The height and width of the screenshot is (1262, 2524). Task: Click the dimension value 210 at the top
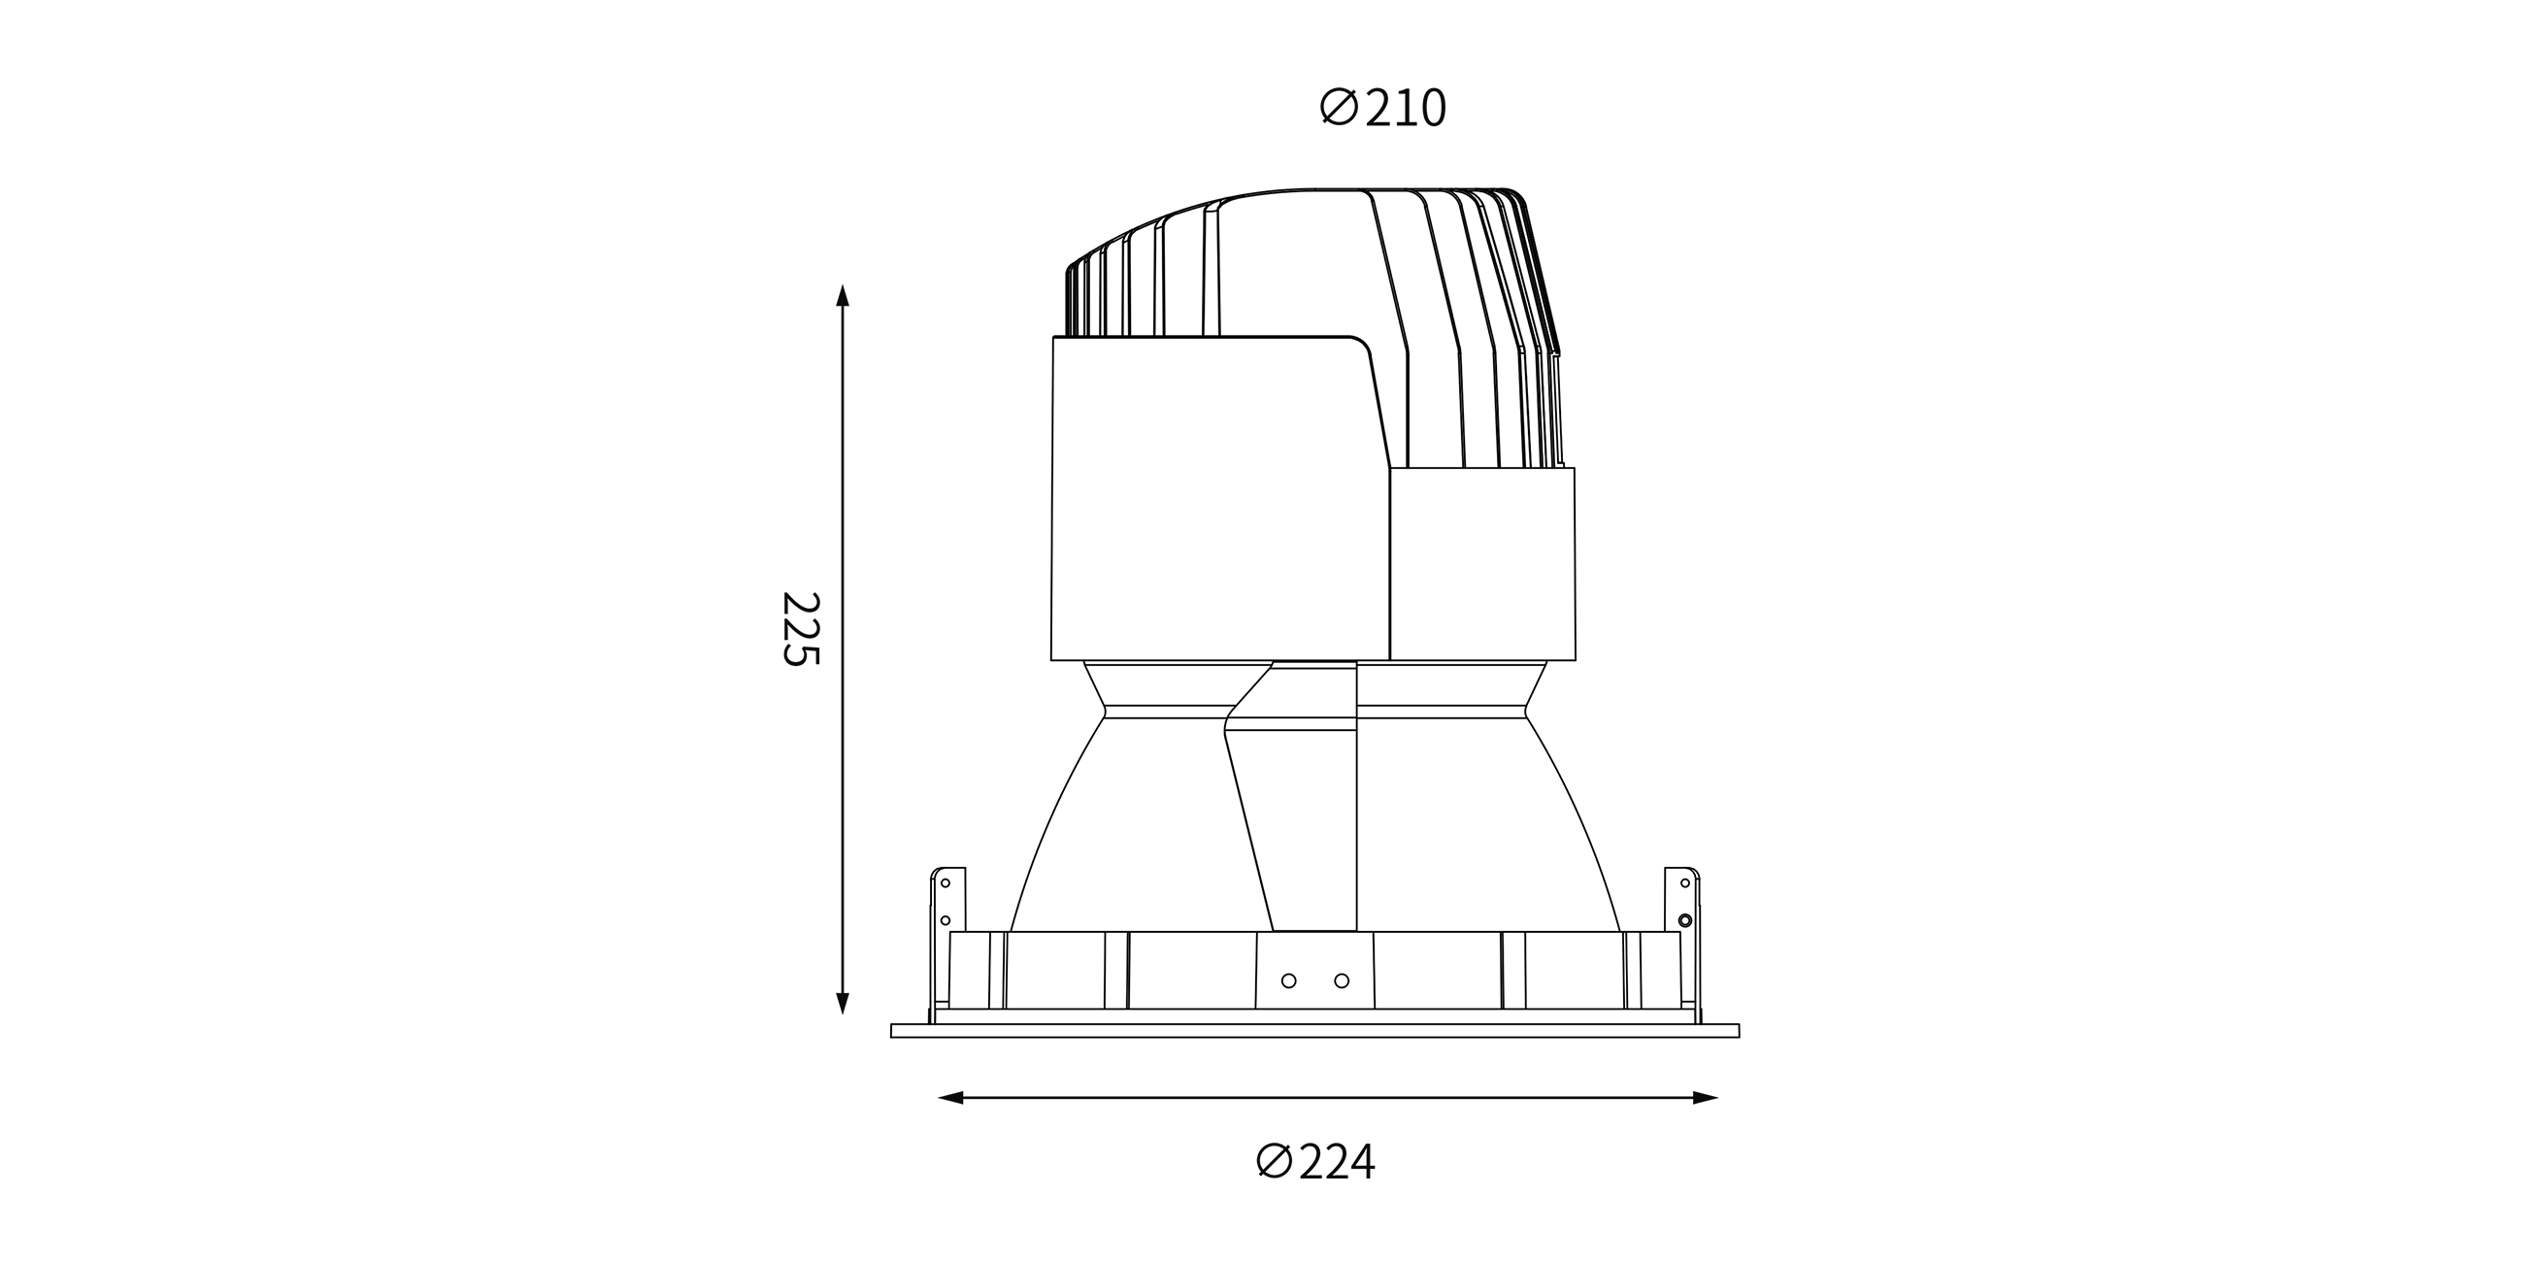pos(1406,109)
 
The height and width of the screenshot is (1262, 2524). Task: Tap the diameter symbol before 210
pos(1339,107)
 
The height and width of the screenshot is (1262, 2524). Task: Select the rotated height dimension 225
pos(800,629)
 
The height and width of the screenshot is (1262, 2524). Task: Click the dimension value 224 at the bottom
pos(1338,1162)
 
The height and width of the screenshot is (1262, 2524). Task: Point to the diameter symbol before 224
pos(1274,1161)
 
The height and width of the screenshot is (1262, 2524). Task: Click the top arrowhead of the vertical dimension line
pos(842,295)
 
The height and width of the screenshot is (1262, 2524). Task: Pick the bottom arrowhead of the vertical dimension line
pos(842,1003)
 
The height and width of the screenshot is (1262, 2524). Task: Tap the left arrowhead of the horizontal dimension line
pos(950,1098)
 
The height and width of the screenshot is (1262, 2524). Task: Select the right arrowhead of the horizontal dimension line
pos(1706,1098)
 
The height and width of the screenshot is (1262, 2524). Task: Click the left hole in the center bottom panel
pos(1288,980)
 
